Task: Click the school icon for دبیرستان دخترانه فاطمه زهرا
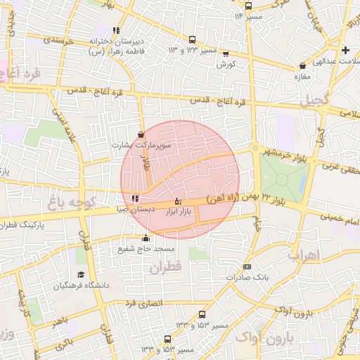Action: coord(116,30)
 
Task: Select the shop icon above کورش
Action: coord(225,53)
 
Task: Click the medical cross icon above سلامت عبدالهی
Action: coord(345,51)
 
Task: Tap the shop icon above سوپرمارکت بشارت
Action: coord(141,134)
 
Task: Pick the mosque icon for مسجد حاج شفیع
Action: coord(146,238)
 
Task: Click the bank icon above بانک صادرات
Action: coord(247,266)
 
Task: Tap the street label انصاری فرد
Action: coord(143,302)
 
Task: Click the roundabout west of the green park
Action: coord(254,148)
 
